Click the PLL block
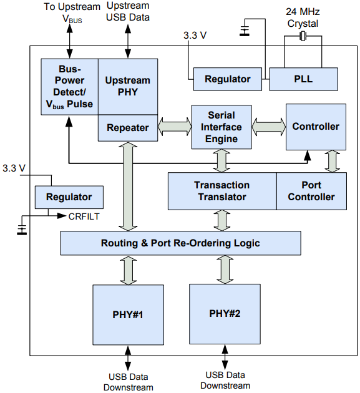[303, 79]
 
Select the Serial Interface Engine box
[221, 127]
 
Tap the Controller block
[316, 127]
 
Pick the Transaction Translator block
[221, 191]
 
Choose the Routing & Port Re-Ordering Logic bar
[180, 243]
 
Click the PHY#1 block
[129, 314]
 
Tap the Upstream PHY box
[128, 87]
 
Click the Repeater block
[128, 128]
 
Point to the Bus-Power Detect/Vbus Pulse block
[69, 86]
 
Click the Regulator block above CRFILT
[69, 197]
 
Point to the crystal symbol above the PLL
[303, 38]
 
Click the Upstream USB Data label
[128, 11]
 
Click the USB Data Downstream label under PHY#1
[129, 382]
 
